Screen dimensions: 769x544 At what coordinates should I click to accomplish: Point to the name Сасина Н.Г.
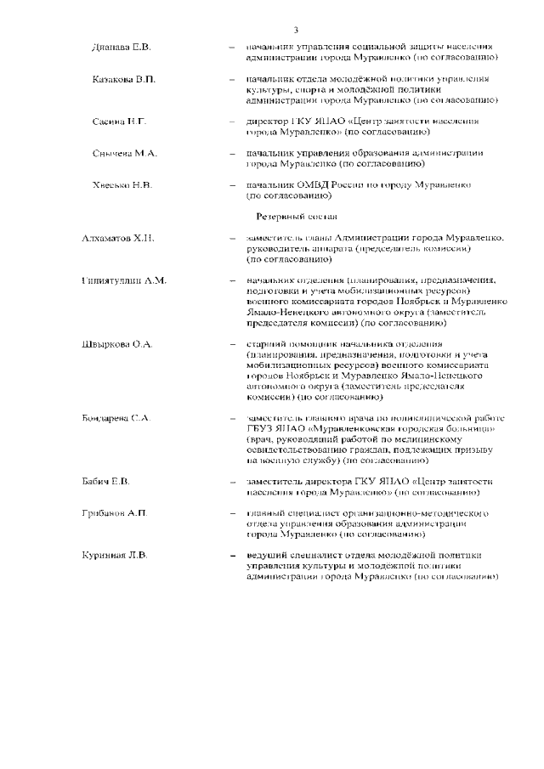(x=120, y=122)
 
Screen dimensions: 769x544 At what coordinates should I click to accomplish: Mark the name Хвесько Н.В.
(x=122, y=184)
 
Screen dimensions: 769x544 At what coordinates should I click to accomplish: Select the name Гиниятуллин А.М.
(x=124, y=280)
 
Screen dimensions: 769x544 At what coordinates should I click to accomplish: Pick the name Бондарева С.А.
(x=116, y=418)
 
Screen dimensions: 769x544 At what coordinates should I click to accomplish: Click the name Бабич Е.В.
(x=106, y=482)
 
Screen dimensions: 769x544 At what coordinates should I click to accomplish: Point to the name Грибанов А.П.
(x=114, y=513)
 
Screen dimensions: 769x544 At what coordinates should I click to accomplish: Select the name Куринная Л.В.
(x=114, y=555)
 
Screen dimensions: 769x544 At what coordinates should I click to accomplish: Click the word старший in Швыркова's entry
(x=267, y=343)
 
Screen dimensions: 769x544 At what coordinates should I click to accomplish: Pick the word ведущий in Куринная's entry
(x=269, y=555)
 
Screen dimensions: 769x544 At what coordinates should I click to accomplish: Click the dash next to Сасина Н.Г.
(x=231, y=122)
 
